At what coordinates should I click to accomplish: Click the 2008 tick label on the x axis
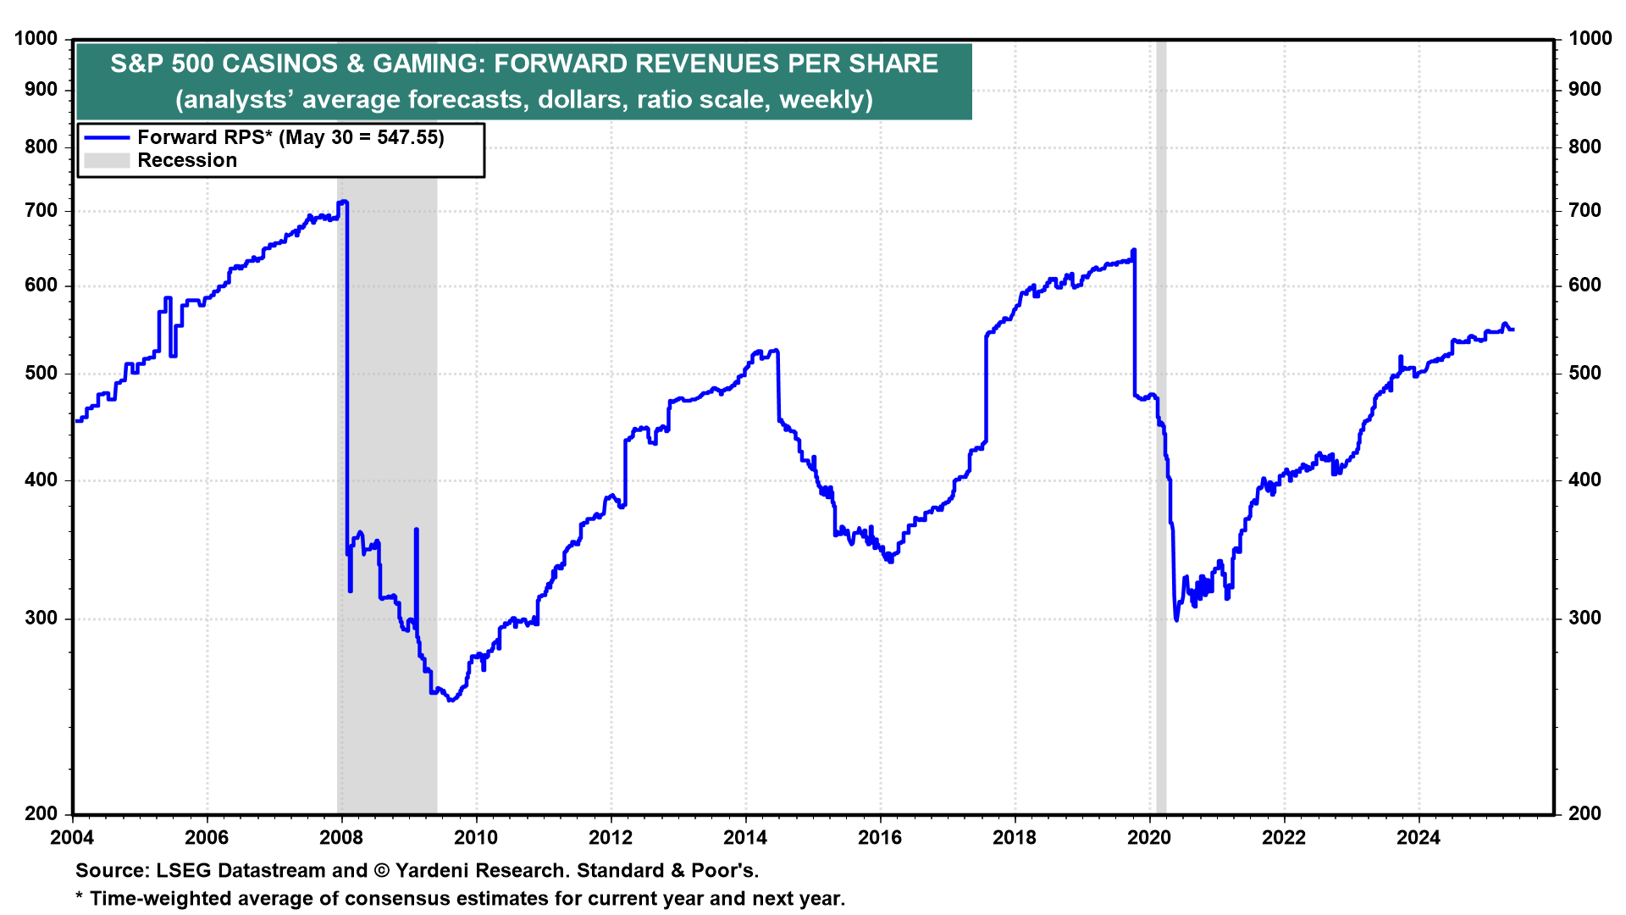tap(341, 838)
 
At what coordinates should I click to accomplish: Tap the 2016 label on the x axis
tap(880, 838)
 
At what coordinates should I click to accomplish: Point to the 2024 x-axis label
tap(1419, 838)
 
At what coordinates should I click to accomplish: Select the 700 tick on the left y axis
tap(41, 211)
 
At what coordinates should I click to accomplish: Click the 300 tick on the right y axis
tap(1585, 618)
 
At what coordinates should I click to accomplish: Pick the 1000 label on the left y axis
tap(36, 39)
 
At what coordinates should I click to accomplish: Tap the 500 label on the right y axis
tap(1585, 374)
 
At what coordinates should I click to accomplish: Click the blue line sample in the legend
tap(107, 137)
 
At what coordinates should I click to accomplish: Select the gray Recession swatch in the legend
tap(107, 160)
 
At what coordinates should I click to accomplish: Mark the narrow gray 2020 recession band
tap(1161, 508)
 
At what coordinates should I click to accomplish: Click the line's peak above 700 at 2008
tap(343, 202)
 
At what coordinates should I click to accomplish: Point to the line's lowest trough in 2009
tap(451, 701)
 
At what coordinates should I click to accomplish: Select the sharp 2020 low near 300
tap(1176, 619)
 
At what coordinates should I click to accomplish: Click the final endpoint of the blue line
tap(1513, 330)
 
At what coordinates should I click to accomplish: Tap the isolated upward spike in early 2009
tap(416, 530)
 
